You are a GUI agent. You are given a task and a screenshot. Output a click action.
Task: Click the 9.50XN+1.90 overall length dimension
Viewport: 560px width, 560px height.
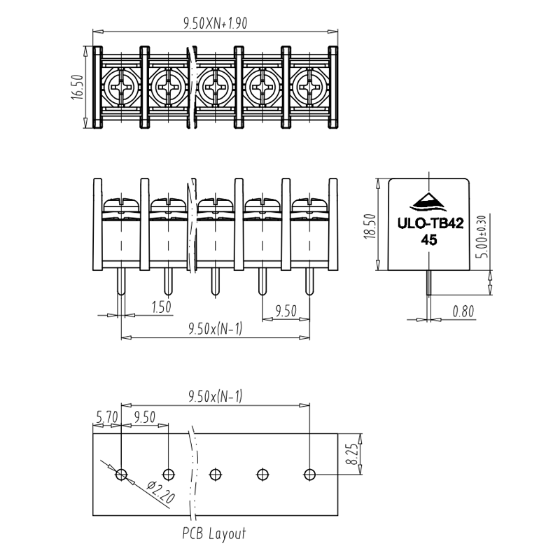point(215,24)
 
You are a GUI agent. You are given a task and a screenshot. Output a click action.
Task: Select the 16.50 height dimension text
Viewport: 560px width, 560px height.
point(78,87)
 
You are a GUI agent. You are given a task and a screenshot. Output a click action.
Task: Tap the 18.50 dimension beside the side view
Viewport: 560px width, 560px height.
point(370,225)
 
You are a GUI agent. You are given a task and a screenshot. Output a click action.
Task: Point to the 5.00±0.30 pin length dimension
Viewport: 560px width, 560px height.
point(482,236)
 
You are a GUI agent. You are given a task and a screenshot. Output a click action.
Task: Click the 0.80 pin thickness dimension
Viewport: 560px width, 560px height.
point(463,311)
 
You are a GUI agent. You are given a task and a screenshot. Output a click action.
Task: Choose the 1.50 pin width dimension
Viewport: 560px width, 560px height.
point(162,307)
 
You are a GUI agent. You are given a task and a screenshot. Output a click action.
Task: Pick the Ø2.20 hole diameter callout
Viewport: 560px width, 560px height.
point(161,492)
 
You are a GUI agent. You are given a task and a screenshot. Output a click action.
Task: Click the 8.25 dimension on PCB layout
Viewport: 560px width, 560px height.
point(352,454)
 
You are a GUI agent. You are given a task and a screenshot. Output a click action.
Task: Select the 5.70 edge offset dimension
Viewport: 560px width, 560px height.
point(107,416)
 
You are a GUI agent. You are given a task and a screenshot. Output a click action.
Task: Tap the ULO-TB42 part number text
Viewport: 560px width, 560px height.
point(430,223)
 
